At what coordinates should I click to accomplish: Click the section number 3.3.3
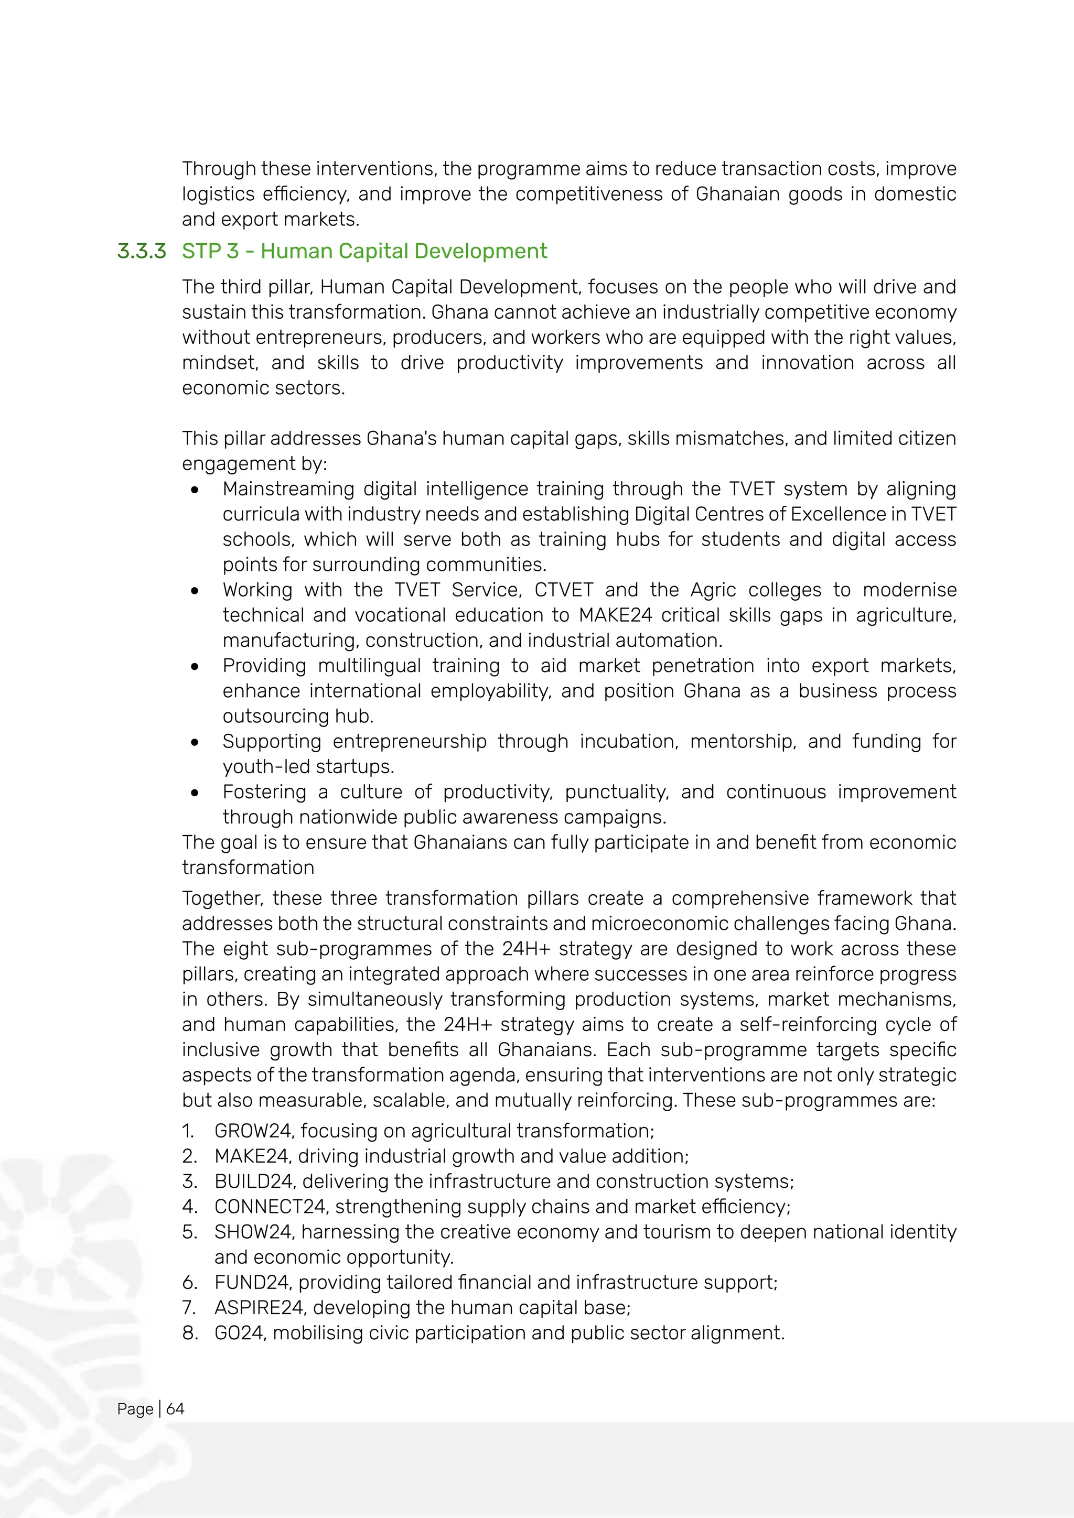coord(142,251)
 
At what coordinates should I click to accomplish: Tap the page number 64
coord(175,1409)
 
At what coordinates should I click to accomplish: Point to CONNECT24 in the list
coord(271,1206)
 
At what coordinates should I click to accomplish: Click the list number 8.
coord(190,1332)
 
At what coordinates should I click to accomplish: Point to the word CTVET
coord(563,590)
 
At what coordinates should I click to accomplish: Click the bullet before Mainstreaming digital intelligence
coord(195,490)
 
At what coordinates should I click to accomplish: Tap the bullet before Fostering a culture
coord(195,793)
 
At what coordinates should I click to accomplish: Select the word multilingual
coord(369,666)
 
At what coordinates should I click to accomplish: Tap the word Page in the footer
coord(135,1409)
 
